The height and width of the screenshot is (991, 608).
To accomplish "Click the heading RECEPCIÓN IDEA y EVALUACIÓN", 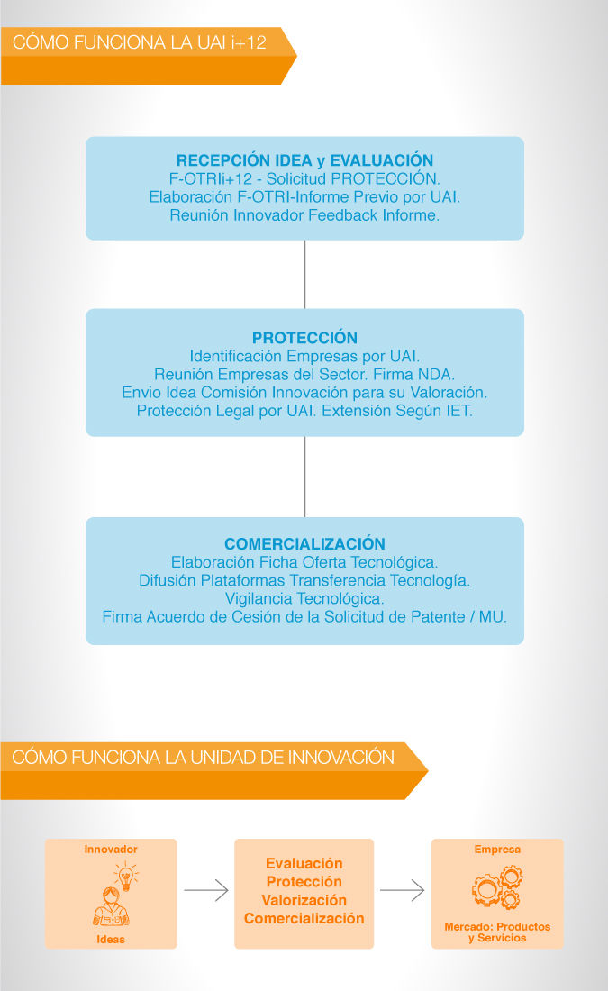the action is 304,160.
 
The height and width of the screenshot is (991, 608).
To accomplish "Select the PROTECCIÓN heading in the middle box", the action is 304,338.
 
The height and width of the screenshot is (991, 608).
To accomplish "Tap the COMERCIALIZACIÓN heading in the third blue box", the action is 304,544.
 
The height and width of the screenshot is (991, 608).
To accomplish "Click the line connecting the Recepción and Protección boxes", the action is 304,274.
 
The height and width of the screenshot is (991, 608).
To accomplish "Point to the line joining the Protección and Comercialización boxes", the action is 304,477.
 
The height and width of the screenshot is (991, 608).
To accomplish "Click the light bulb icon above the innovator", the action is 126,877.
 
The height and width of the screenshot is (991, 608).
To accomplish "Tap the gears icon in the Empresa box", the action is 497,886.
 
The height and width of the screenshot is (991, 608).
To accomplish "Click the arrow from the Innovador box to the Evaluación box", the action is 206,890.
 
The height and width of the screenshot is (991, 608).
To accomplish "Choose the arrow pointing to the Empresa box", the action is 402,890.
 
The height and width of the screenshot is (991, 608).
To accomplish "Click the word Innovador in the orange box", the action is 111,850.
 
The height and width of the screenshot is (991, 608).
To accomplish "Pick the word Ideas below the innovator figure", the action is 111,939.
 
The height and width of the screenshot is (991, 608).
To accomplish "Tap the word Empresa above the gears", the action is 497,850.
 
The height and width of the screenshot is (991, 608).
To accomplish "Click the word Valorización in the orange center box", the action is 304,900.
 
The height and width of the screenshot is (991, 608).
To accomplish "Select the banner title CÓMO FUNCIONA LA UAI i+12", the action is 139,42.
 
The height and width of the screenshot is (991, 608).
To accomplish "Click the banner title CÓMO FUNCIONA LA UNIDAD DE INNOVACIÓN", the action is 203,757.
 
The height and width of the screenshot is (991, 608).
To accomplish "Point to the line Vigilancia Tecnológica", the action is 304,598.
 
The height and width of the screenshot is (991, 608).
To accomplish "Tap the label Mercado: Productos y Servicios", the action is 497,932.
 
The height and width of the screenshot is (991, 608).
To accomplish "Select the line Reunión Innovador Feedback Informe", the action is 304,215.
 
